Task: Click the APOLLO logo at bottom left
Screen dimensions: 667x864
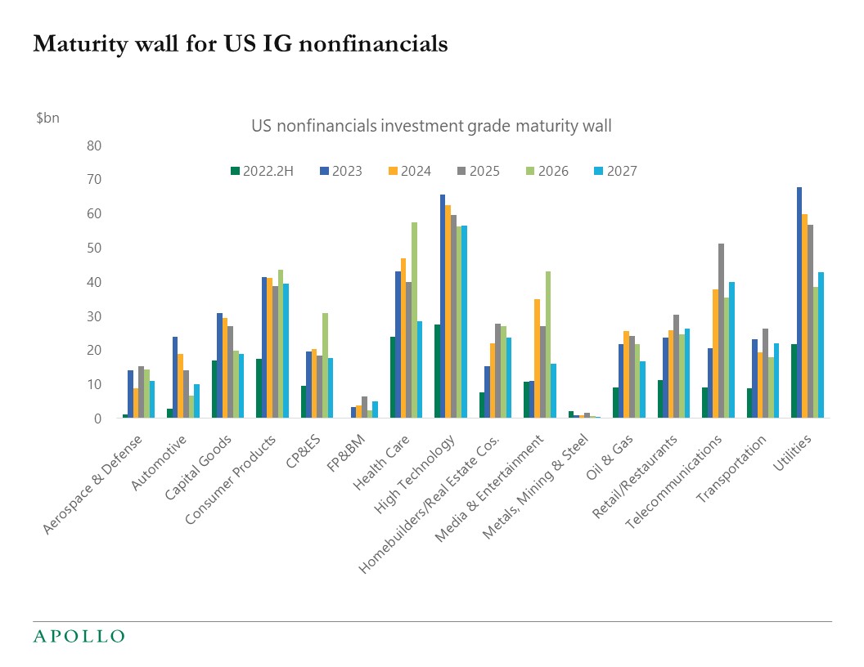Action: click(x=79, y=636)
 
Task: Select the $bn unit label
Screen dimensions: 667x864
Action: click(x=47, y=118)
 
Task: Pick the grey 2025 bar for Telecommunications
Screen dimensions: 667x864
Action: click(x=721, y=331)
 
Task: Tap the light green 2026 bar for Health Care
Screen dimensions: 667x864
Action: click(x=414, y=320)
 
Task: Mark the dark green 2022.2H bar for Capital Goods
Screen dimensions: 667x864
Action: click(x=214, y=389)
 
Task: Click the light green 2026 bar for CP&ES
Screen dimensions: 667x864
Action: click(x=325, y=365)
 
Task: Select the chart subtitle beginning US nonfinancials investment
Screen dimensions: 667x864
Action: click(x=430, y=126)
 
